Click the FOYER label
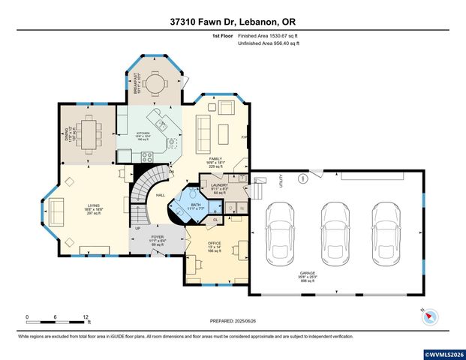(x=158, y=236)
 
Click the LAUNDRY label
(x=220, y=184)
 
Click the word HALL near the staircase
(x=161, y=196)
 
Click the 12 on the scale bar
(x=87, y=317)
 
